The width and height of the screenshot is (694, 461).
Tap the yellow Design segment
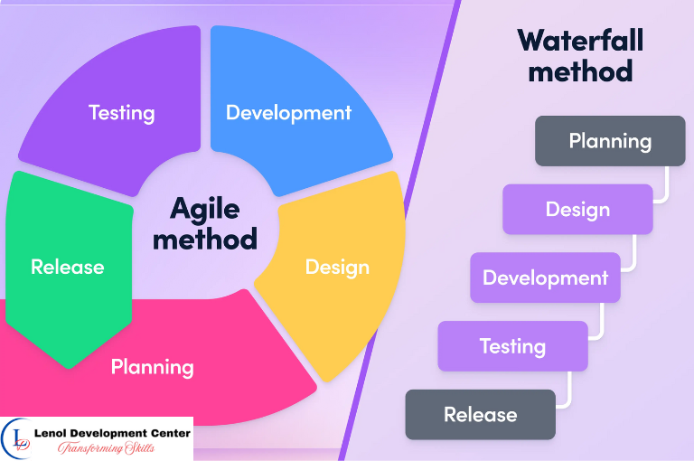coord(336,268)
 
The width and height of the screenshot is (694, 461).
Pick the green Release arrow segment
coord(67,268)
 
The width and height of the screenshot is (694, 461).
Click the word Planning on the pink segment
coord(152,367)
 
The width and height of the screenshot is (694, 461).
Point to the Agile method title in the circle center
coord(205,223)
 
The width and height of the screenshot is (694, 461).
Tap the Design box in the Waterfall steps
coord(577,210)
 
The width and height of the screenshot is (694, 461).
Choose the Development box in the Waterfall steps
coord(545,278)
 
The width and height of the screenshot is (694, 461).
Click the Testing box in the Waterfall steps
coord(512,346)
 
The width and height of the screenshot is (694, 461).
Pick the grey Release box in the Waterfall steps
coord(480,415)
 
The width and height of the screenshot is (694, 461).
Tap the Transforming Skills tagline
coord(109,447)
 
